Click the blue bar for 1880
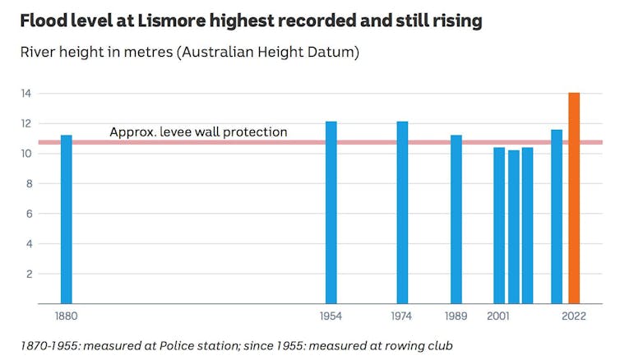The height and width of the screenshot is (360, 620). tap(67, 219)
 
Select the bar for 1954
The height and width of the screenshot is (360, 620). tap(331, 213)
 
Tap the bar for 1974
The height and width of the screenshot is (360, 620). tap(402, 213)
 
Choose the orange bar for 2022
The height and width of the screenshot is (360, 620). tap(574, 198)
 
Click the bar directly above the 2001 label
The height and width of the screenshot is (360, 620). tap(499, 226)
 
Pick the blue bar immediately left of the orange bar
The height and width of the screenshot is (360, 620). tap(557, 217)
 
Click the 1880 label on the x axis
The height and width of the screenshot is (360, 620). tap(66, 316)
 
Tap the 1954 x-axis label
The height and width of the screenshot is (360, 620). tap(331, 316)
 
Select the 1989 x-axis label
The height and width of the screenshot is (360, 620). tap(456, 316)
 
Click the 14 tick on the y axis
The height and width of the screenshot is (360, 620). tap(26, 94)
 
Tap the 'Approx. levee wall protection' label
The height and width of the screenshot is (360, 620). tap(198, 132)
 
